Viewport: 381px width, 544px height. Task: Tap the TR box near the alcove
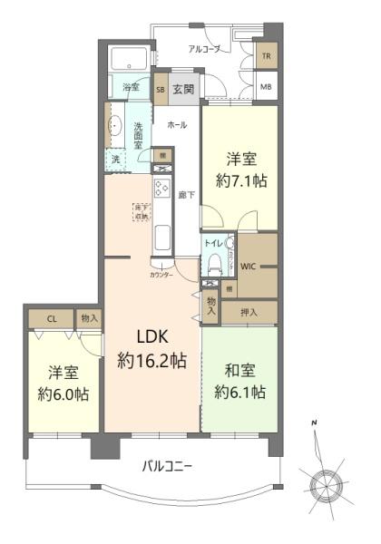[x=266, y=55]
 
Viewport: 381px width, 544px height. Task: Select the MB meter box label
[x=266, y=88]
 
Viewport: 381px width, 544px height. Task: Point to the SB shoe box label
[x=161, y=89]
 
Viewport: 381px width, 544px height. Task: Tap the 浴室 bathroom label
[x=132, y=87]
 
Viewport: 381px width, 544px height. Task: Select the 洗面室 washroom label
[x=139, y=133]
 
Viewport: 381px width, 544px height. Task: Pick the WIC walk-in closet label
[x=251, y=267]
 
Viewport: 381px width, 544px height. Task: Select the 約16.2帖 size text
[x=152, y=361]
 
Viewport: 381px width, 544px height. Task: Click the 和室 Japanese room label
[x=240, y=371]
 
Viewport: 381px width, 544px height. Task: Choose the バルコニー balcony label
[x=168, y=467]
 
